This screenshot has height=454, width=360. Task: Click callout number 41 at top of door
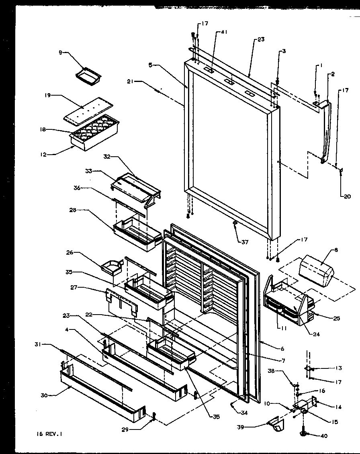pos(224,33)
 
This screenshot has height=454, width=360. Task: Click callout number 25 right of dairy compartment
pos(337,318)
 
